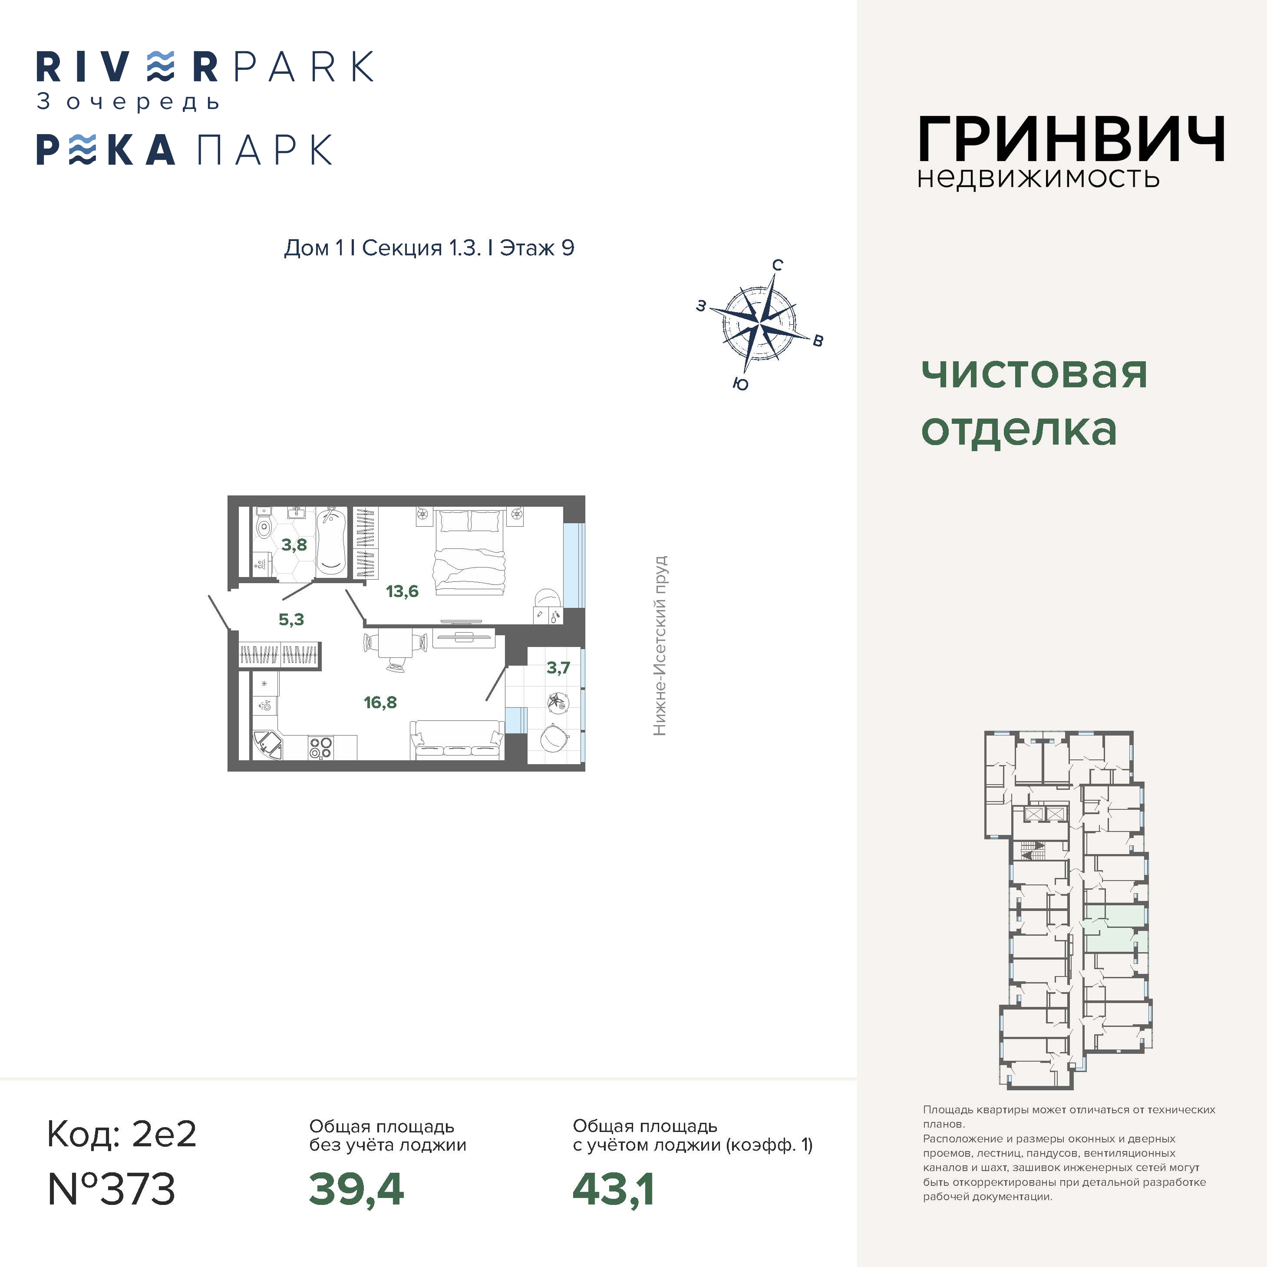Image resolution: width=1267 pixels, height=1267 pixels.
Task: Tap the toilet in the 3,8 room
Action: coord(263,524)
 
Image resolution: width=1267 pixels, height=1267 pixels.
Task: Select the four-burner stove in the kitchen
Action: coord(321,748)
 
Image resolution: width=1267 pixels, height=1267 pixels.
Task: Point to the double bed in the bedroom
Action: coord(469,552)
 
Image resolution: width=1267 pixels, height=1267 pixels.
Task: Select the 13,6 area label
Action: coord(402,591)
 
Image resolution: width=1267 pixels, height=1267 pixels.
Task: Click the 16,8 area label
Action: coord(380,703)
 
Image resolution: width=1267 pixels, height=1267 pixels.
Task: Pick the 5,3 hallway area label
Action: coord(291,620)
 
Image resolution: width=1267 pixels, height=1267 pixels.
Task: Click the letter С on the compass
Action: coord(777,265)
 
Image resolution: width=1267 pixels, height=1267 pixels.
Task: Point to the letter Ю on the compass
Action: coord(740,384)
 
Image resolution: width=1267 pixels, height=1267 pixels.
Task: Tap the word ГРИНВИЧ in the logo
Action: coord(1071,139)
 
